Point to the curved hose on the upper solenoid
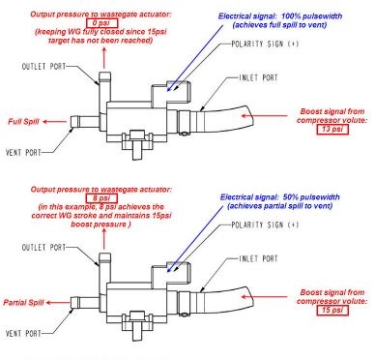[238, 108]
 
